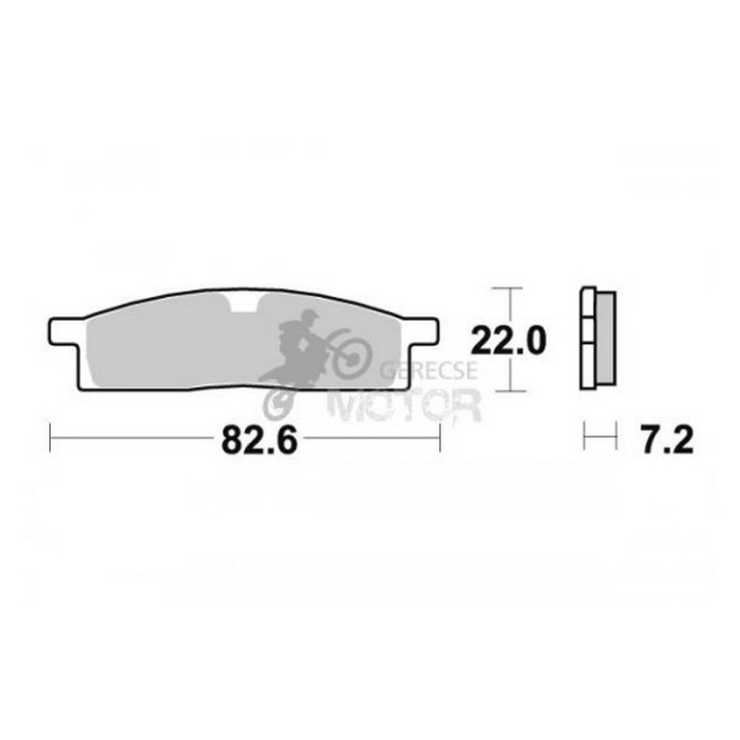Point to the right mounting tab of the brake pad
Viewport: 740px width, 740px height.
pos(429,330)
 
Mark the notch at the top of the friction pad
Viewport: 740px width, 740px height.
pos(244,308)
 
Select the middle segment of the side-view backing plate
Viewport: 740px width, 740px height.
pos(588,338)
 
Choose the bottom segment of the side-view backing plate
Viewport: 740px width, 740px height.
pos(588,372)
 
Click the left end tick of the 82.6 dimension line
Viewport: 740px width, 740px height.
pos(50,439)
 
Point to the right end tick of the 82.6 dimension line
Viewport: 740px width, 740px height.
pos(440,439)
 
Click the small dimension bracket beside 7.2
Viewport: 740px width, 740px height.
pos(600,440)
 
